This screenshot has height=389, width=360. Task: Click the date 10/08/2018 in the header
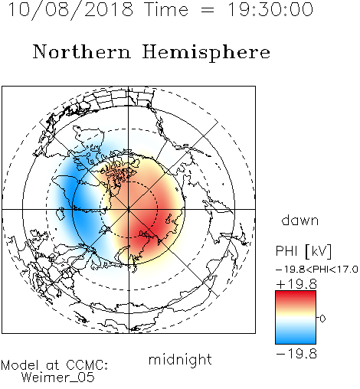pos(70,10)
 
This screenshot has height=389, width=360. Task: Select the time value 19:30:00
pos(270,9)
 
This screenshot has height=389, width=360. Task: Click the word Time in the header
pos(166,9)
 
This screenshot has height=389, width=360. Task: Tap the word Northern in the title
pos(81,51)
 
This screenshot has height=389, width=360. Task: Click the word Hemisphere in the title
pos(206,53)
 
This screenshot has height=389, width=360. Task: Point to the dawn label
pos(300,220)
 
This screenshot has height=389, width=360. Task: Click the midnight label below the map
pos(180,360)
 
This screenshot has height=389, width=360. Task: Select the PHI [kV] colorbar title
pos(303,251)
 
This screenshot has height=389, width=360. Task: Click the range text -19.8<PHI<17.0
pos(317,270)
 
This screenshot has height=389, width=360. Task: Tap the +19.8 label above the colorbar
pos(296,284)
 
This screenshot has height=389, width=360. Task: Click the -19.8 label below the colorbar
pos(296,354)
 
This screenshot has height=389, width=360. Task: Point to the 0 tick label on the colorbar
pos(322,319)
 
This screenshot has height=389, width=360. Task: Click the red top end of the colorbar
pos(296,293)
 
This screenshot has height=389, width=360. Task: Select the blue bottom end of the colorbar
pos(296,342)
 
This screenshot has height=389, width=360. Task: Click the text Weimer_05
pos(58,378)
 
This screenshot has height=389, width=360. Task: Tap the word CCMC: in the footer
pos(87,365)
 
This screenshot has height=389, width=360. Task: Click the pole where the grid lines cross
pos(129,209)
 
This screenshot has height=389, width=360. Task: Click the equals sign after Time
pos(208,11)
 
